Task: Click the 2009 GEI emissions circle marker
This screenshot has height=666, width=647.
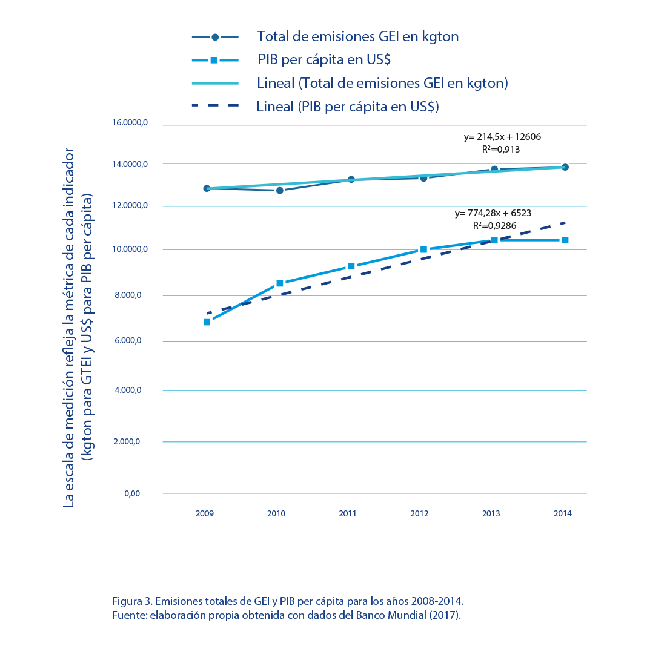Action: click(207, 188)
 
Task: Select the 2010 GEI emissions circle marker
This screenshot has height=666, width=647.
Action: click(279, 190)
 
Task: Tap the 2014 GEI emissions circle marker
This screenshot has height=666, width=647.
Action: click(565, 167)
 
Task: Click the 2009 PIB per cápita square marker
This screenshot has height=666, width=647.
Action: click(207, 322)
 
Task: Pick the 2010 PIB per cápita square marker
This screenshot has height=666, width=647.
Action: click(279, 283)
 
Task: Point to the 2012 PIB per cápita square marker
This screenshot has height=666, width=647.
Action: click(423, 249)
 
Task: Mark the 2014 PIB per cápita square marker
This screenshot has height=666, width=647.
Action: click(565, 240)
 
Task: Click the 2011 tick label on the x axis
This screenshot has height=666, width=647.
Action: click(347, 513)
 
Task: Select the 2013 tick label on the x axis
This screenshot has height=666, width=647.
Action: click(491, 513)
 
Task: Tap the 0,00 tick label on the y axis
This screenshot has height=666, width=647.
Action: click(133, 493)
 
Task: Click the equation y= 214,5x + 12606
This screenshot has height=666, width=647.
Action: click(502, 137)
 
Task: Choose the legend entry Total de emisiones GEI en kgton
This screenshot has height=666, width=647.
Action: click(358, 36)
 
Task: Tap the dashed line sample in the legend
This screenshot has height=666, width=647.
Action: click(215, 106)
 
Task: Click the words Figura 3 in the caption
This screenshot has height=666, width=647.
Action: click(131, 602)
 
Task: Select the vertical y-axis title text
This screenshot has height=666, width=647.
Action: click(79, 327)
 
